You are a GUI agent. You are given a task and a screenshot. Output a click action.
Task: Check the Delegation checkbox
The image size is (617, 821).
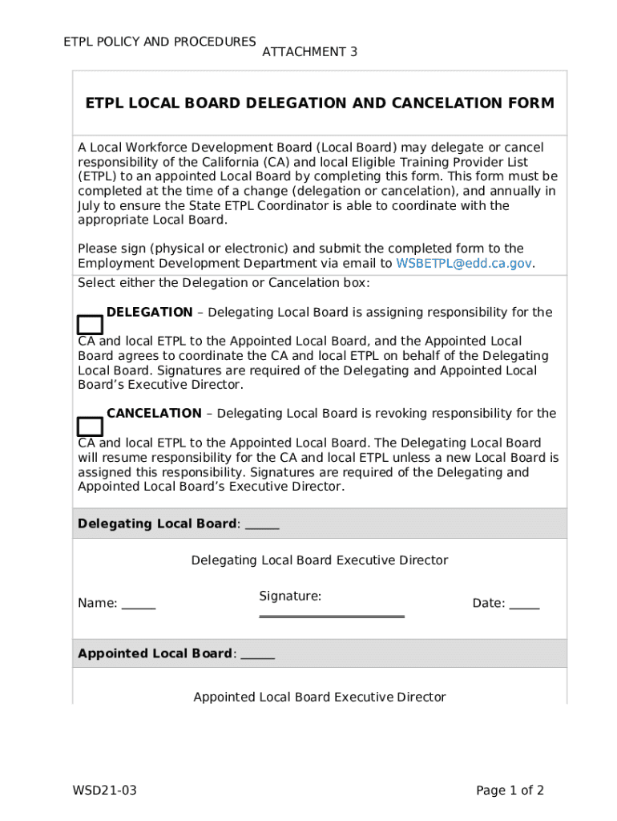(x=90, y=325)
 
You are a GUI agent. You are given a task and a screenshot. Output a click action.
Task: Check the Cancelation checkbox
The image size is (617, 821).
(x=90, y=427)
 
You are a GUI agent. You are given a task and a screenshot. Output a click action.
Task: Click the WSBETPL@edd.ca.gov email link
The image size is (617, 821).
(x=465, y=263)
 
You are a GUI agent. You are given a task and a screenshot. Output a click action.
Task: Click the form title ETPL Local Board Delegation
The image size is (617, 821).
(x=319, y=103)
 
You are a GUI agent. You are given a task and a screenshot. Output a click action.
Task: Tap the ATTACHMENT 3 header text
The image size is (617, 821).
(x=309, y=52)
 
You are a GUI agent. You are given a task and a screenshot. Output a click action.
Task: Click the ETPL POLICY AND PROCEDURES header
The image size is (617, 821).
(x=159, y=42)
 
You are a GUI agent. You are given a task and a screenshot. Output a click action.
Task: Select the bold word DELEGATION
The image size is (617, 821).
(x=149, y=312)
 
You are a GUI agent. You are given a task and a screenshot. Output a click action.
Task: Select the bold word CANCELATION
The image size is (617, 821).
(x=154, y=414)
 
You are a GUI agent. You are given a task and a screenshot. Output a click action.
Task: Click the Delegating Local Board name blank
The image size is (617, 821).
(x=262, y=524)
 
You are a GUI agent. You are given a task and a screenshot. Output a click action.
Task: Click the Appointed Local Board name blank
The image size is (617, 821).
(x=257, y=654)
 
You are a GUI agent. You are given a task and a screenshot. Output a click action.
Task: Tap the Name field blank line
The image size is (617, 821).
(x=139, y=605)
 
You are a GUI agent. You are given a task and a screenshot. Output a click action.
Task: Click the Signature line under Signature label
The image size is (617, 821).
(x=332, y=616)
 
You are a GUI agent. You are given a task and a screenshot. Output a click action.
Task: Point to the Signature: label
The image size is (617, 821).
(x=290, y=596)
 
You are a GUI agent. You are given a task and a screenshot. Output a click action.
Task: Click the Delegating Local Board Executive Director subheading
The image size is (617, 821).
(x=319, y=560)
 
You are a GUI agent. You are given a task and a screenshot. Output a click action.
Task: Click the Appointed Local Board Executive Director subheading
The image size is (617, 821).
(x=319, y=698)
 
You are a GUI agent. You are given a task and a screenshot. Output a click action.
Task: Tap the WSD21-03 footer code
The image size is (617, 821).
(x=105, y=791)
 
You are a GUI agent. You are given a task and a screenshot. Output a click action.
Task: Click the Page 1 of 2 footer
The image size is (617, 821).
(x=510, y=791)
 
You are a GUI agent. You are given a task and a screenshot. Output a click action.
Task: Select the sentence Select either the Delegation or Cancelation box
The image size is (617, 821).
(x=224, y=283)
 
